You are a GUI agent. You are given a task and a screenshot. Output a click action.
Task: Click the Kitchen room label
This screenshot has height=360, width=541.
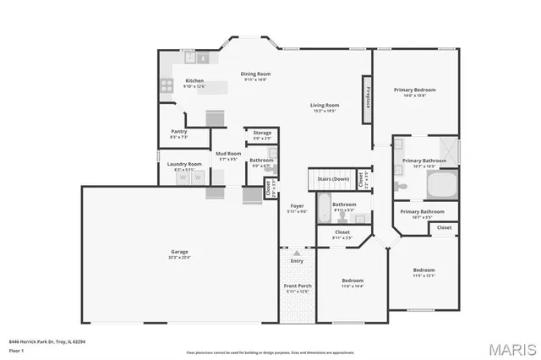tap(194, 81)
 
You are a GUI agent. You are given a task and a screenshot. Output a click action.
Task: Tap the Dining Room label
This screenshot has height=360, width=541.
tap(254, 74)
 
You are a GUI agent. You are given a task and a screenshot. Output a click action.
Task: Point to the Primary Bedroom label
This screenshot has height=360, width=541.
tap(415, 89)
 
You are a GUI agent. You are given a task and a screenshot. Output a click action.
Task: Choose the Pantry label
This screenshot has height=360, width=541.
tap(179, 131)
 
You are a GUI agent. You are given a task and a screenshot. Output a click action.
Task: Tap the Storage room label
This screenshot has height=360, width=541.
tap(262, 133)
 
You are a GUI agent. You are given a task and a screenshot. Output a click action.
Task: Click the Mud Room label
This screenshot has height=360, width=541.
tap(228, 154)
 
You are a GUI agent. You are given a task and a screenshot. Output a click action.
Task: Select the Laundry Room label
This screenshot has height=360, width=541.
tap(183, 164)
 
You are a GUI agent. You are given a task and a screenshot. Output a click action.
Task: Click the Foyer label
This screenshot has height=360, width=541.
tap(297, 205)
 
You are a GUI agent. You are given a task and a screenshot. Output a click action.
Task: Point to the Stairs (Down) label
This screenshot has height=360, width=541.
tap(332, 179)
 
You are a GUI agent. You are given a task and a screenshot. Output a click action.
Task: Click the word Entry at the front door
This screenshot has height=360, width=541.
tap(296, 261)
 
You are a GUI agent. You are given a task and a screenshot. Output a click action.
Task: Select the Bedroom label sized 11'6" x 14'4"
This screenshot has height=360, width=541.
tap(352, 281)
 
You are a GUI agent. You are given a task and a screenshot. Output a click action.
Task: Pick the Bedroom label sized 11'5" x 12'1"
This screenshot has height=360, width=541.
tap(424, 270)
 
